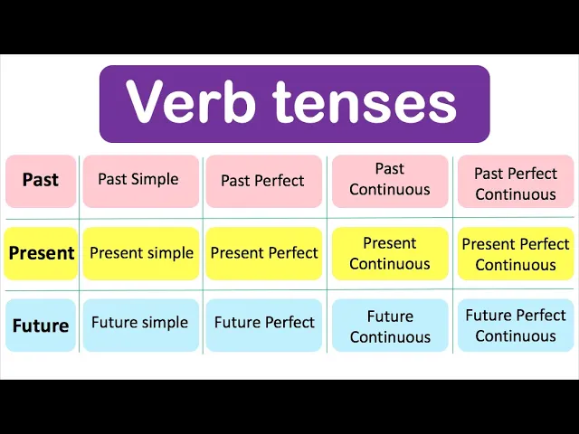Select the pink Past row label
[41, 180]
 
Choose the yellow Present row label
[41, 253]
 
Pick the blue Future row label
[41, 325]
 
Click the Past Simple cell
[139, 179]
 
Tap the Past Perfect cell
[263, 180]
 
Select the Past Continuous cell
[390, 179]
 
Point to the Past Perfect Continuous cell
[515, 183]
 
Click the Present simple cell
[141, 253]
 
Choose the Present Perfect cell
[264, 253]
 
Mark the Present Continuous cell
[390, 253]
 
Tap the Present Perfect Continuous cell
[516, 254]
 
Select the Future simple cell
[140, 323]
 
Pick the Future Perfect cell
[264, 323]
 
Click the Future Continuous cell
[390, 326]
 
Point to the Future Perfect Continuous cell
[516, 325]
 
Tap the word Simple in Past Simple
[157, 179]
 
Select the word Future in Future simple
[116, 323]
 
